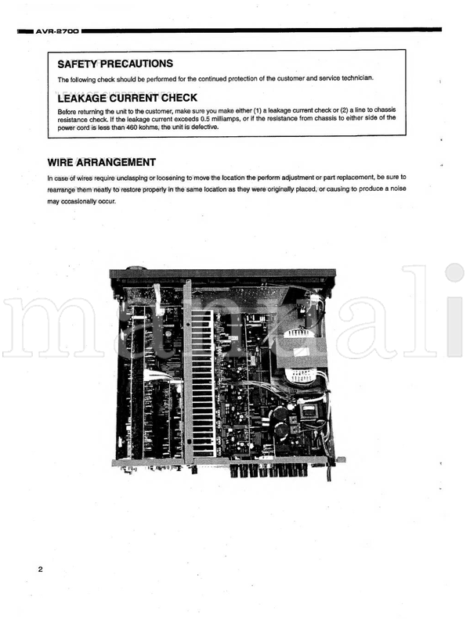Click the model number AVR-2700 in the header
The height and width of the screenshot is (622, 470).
[x=57, y=31]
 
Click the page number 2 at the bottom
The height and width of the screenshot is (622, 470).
[x=40, y=570]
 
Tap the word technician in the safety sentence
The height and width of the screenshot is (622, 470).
[x=357, y=77]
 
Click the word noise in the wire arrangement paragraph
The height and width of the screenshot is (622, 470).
[x=398, y=189]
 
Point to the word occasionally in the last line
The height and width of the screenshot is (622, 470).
[x=78, y=202]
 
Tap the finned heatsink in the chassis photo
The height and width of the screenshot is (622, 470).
[x=203, y=383]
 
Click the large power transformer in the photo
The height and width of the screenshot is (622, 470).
[x=301, y=356]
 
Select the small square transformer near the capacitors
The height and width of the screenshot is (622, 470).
[x=309, y=411]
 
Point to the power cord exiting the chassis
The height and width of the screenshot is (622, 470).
[x=328, y=471]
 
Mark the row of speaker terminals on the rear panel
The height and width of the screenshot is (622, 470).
[x=269, y=470]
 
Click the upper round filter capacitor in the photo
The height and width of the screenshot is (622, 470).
[x=280, y=413]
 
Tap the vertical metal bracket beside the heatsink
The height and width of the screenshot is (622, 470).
[x=187, y=371]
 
